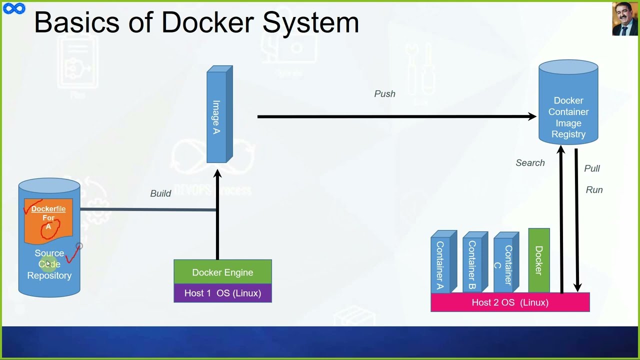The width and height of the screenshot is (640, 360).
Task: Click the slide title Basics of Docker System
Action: pyautogui.click(x=196, y=22)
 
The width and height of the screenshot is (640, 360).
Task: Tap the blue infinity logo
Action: pyautogui.click(x=13, y=8)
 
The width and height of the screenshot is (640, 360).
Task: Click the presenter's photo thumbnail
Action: pyautogui.click(x=624, y=19)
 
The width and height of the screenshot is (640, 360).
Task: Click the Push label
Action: pyautogui.click(x=384, y=94)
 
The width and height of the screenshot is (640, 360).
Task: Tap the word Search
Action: pyautogui.click(x=530, y=163)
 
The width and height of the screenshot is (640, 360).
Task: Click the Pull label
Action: pyautogui.click(x=591, y=168)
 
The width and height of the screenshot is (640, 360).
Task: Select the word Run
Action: pyautogui.click(x=594, y=190)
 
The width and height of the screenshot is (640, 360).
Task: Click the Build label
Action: pyautogui.click(x=160, y=193)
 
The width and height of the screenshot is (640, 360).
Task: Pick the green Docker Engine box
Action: pyautogui.click(x=222, y=272)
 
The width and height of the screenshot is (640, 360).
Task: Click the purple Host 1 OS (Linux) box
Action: pyautogui.click(x=222, y=293)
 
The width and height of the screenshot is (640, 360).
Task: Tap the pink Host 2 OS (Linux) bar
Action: pyautogui.click(x=510, y=302)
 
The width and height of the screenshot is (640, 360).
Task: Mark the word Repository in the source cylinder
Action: pyautogui.click(x=49, y=275)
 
